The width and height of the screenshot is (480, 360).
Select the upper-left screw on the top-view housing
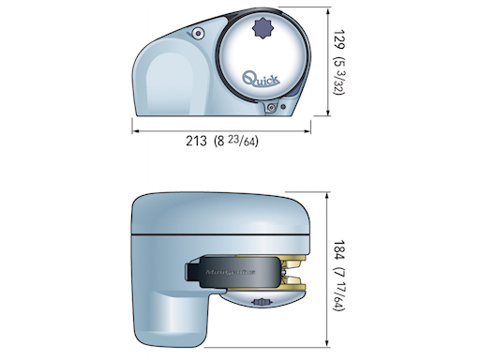tap(198, 35)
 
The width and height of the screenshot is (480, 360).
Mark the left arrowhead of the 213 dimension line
tap(134, 130)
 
